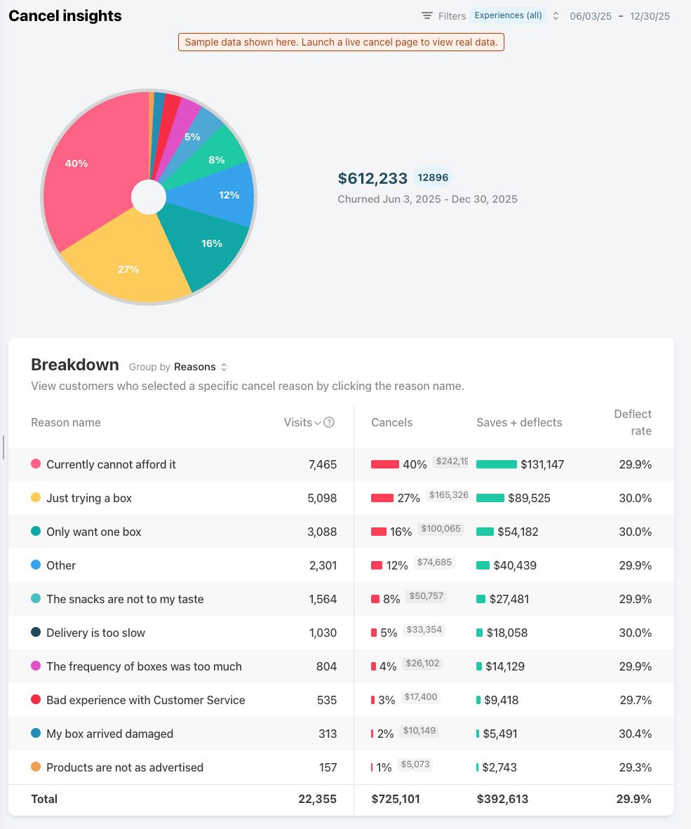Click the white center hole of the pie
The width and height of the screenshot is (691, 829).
(149, 197)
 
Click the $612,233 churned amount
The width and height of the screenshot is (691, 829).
(373, 179)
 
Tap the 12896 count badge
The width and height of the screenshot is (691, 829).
(433, 177)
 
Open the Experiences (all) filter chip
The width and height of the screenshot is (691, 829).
(509, 15)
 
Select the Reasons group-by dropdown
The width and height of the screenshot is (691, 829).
(200, 367)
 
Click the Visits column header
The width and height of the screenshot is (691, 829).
(298, 422)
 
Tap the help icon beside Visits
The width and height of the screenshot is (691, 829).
(329, 422)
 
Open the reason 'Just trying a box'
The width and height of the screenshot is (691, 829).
(89, 498)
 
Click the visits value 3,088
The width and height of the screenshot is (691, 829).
(322, 532)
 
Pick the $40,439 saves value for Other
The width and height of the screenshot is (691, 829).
(515, 565)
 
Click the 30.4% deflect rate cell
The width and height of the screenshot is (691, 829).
(635, 734)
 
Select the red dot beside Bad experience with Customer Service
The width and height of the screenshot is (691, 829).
(36, 700)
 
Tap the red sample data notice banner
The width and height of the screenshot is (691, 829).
(342, 42)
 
